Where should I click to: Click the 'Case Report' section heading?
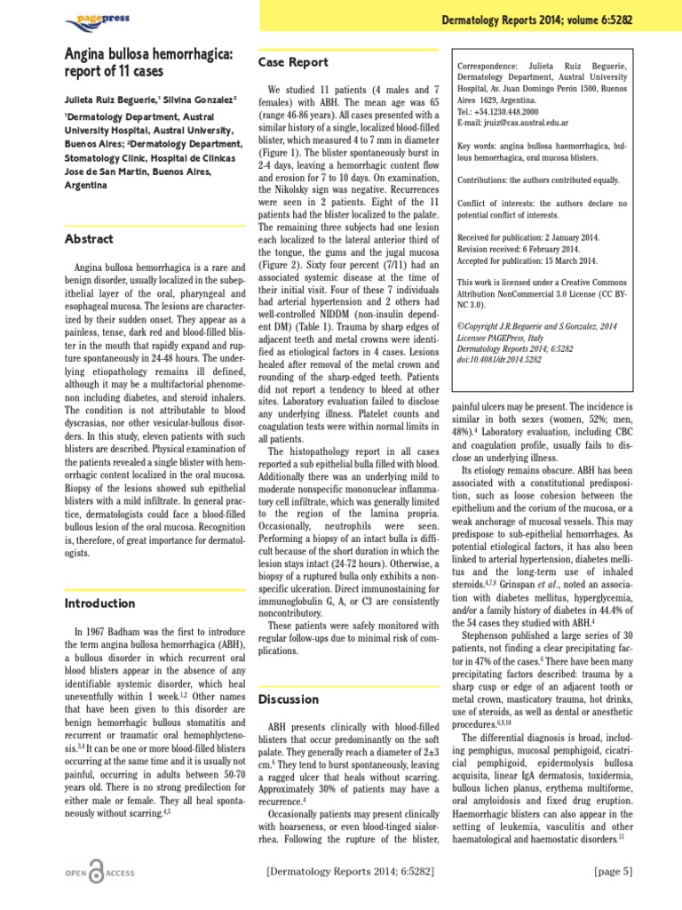[293, 62]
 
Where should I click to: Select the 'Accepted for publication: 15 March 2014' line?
[528, 261]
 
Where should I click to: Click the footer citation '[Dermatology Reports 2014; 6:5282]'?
[350, 874]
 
